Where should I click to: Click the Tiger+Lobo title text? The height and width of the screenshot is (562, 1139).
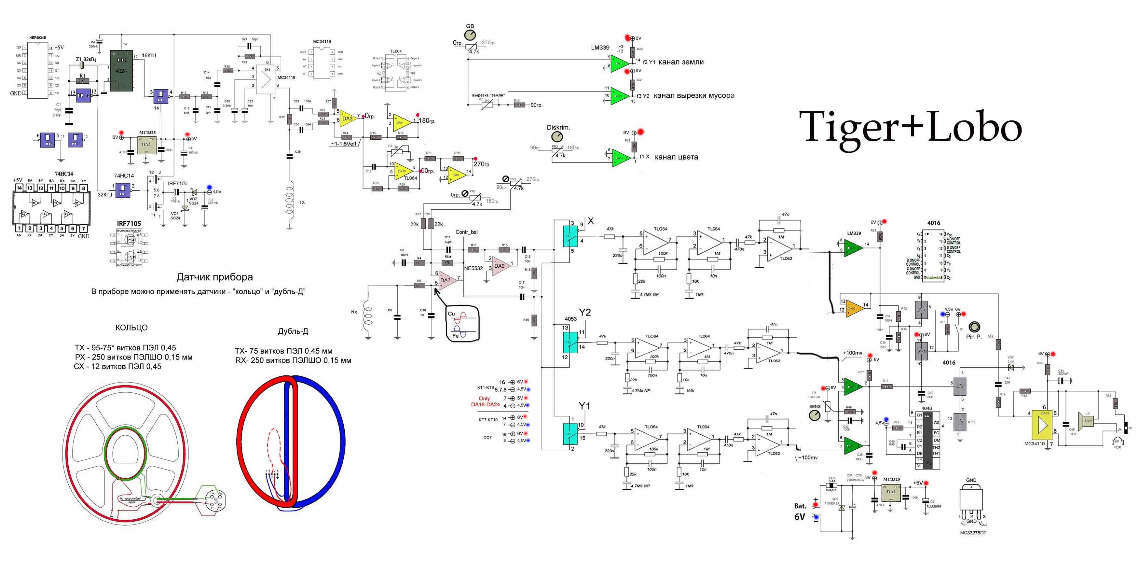click(911, 127)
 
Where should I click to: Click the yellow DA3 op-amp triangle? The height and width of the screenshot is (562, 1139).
click(348, 118)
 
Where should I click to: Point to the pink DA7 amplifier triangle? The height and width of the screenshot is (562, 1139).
click(446, 280)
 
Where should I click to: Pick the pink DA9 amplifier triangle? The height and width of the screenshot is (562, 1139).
click(500, 265)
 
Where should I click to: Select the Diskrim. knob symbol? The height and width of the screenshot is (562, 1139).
click(557, 137)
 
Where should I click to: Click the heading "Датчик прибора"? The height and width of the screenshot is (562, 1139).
click(215, 277)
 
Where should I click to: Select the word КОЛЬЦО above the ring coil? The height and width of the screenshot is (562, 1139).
click(131, 328)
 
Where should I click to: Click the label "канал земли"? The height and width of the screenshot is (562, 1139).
click(681, 62)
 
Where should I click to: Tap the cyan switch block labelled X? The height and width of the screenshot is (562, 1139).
click(569, 236)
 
